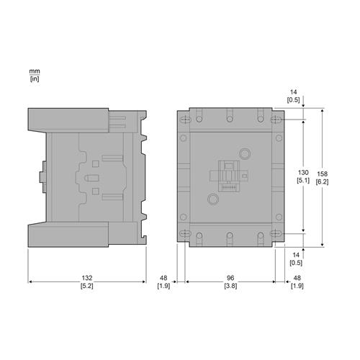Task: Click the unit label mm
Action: pos(34,72)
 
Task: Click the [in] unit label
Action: pos(34,78)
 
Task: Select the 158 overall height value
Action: pos(322,173)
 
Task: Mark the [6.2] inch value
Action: pos(322,181)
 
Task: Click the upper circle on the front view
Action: pos(243,153)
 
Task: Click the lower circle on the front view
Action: pos(212,199)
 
